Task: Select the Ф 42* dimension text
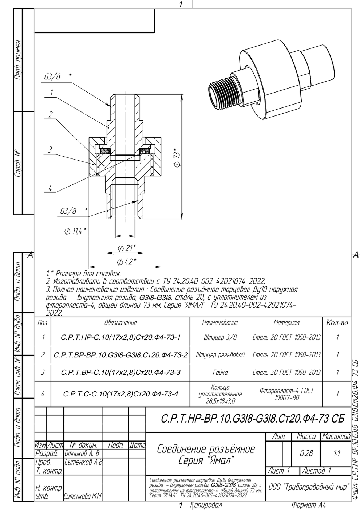pyautogui.click(x=127, y=262)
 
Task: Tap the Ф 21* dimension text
pyautogui.click(x=127, y=248)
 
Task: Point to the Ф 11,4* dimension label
pyautogui.click(x=75, y=231)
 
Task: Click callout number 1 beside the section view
pyautogui.click(x=52, y=93)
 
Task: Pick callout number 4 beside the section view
pyautogui.click(x=50, y=188)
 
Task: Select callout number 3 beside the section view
pyautogui.click(x=50, y=150)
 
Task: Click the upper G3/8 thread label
pyautogui.click(x=52, y=77)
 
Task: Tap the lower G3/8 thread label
pyautogui.click(x=68, y=211)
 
